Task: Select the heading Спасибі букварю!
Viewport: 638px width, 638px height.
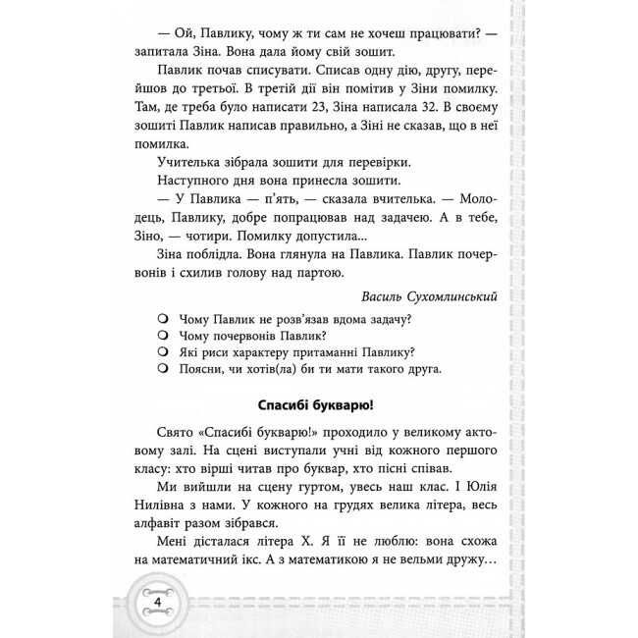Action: pos(320,404)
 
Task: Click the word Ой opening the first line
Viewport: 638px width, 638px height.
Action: pos(187,32)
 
